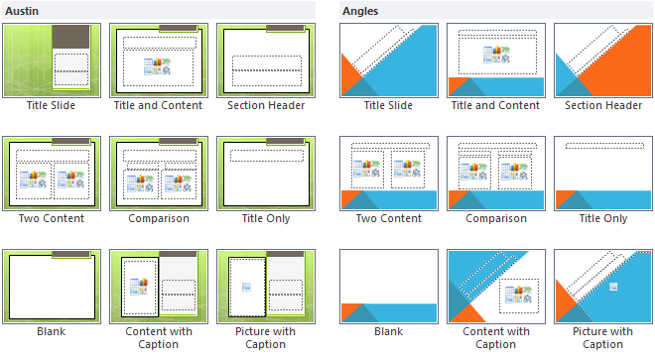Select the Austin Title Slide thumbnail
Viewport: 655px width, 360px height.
coord(51,60)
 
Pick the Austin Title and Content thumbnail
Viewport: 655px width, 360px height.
coord(158,60)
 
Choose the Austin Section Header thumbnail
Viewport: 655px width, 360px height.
coord(265,60)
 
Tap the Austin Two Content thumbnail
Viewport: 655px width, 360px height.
coord(51,173)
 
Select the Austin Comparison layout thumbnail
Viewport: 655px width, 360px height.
coord(158,173)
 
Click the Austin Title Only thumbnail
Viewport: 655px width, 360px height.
coord(265,173)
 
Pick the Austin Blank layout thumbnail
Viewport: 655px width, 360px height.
coord(51,286)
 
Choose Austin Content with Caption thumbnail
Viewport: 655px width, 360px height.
coord(158,286)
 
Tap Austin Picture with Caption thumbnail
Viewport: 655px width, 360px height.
coord(265,286)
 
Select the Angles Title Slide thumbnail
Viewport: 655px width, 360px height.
coord(388,60)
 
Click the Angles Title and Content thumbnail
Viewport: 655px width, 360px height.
coord(495,60)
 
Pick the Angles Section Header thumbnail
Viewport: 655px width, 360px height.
coord(602,60)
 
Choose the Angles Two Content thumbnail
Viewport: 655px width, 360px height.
coord(388,173)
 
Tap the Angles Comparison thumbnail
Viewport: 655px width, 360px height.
coord(495,173)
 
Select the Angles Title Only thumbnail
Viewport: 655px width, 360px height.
coord(602,173)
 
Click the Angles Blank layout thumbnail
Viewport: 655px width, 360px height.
coord(388,286)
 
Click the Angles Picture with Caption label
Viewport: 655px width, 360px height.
coord(602,337)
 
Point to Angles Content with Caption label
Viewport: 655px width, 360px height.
coord(495,337)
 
